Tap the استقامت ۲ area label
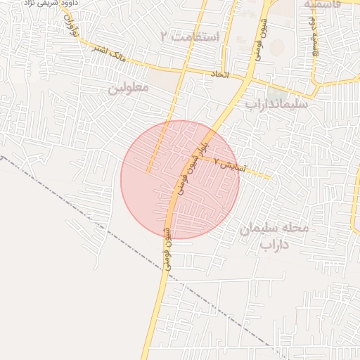click(x=191, y=36)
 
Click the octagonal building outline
click(x=277, y=47)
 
